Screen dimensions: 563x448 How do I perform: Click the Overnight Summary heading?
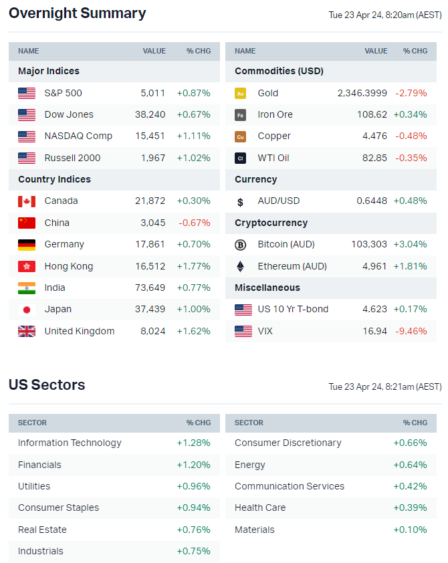pos(77,13)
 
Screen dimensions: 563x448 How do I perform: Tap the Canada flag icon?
pos(27,201)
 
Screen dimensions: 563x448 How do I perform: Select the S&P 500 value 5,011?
pos(152,93)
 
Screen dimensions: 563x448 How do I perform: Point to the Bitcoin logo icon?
pos(241,245)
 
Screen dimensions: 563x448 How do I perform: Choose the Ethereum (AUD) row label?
pos(292,266)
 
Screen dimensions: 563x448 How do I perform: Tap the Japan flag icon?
pos(27,310)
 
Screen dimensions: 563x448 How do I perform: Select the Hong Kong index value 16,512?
pos(151,266)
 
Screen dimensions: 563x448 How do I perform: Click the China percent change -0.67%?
pos(194,223)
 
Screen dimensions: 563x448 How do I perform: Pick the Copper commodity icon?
pos(241,136)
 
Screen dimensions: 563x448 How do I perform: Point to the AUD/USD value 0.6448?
pos(371,201)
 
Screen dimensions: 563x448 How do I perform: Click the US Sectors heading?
pos(47,385)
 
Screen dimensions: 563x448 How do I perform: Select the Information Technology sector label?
pos(70,443)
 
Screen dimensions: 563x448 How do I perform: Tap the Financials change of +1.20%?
pos(193,465)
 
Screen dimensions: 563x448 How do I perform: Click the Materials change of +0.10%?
pos(410,530)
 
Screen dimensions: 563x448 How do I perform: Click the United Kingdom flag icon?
pos(27,331)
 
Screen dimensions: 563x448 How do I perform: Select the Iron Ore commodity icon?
pos(241,115)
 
